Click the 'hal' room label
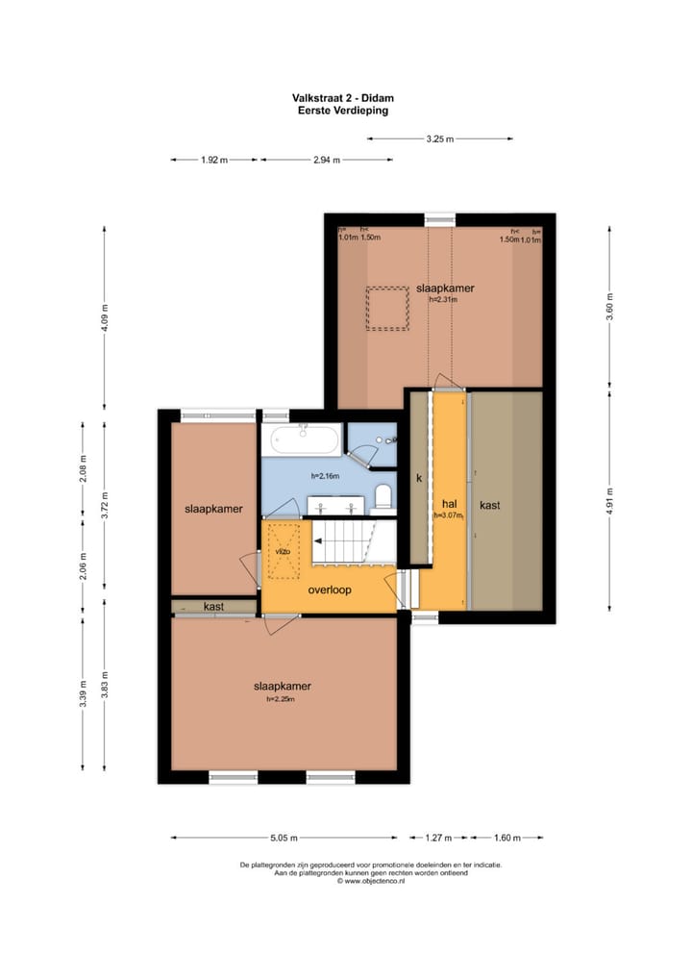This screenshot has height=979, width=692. [x=449, y=503]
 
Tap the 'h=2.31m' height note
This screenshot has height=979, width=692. [x=444, y=299]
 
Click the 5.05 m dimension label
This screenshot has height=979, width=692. [x=284, y=837]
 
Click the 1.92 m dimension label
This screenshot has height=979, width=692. [x=214, y=161]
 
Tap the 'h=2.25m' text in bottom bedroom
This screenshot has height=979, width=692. [x=282, y=699]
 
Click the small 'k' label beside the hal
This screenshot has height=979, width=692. [x=418, y=477]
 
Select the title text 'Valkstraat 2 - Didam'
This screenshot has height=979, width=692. [x=346, y=98]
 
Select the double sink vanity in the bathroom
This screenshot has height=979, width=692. [x=336, y=505]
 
